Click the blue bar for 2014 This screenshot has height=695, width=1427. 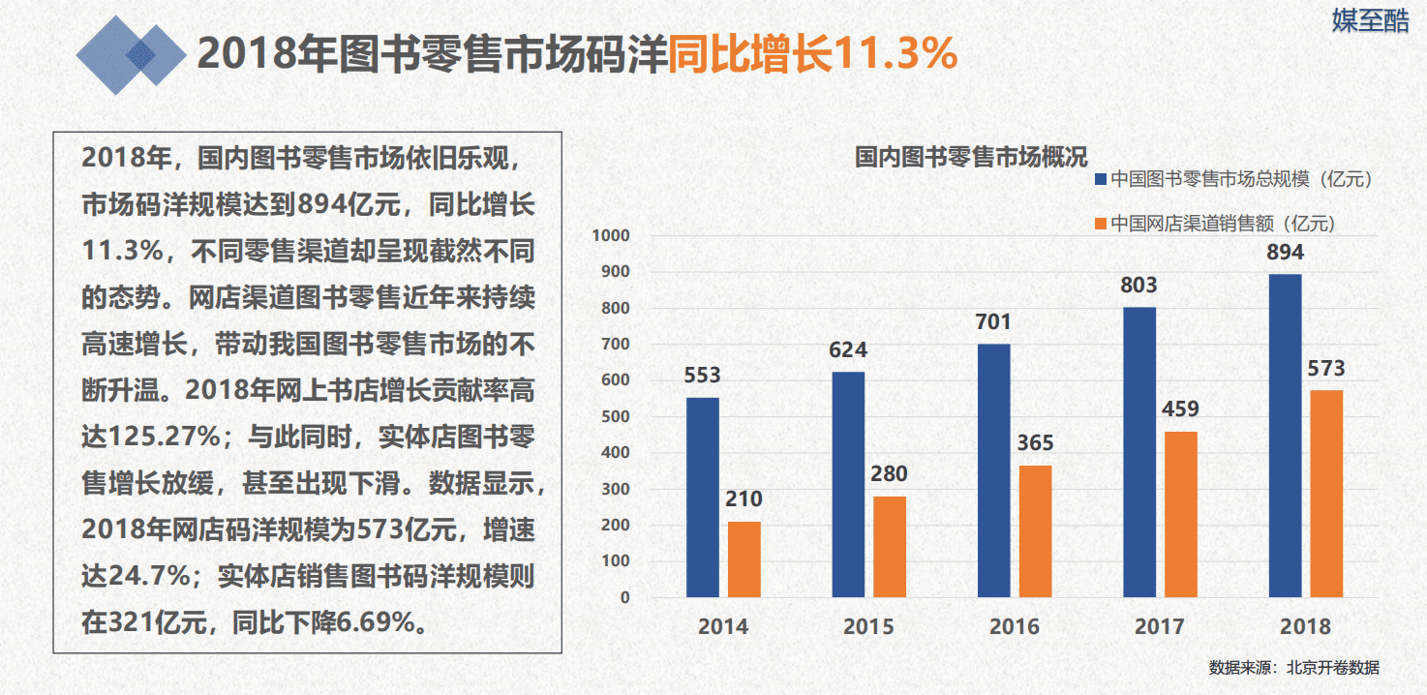click(703, 498)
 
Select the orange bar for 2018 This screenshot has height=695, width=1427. click(1326, 494)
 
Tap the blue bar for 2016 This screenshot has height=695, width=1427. click(994, 470)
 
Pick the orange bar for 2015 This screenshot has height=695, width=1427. click(890, 547)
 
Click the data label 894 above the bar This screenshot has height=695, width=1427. click(1285, 253)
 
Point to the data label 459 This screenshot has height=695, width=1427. click(1179, 409)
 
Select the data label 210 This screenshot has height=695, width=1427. click(744, 500)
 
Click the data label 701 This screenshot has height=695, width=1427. click(993, 322)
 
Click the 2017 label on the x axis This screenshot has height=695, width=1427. click(1160, 627)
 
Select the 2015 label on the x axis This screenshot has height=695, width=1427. click(868, 627)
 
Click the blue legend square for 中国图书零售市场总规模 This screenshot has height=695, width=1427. click(1100, 179)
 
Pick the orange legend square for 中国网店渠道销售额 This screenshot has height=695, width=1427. click(1100, 224)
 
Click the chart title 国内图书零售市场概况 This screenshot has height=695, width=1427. click(971, 157)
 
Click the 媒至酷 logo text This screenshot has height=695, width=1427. click(1370, 20)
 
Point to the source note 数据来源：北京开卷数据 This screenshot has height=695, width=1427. click(1293, 668)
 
